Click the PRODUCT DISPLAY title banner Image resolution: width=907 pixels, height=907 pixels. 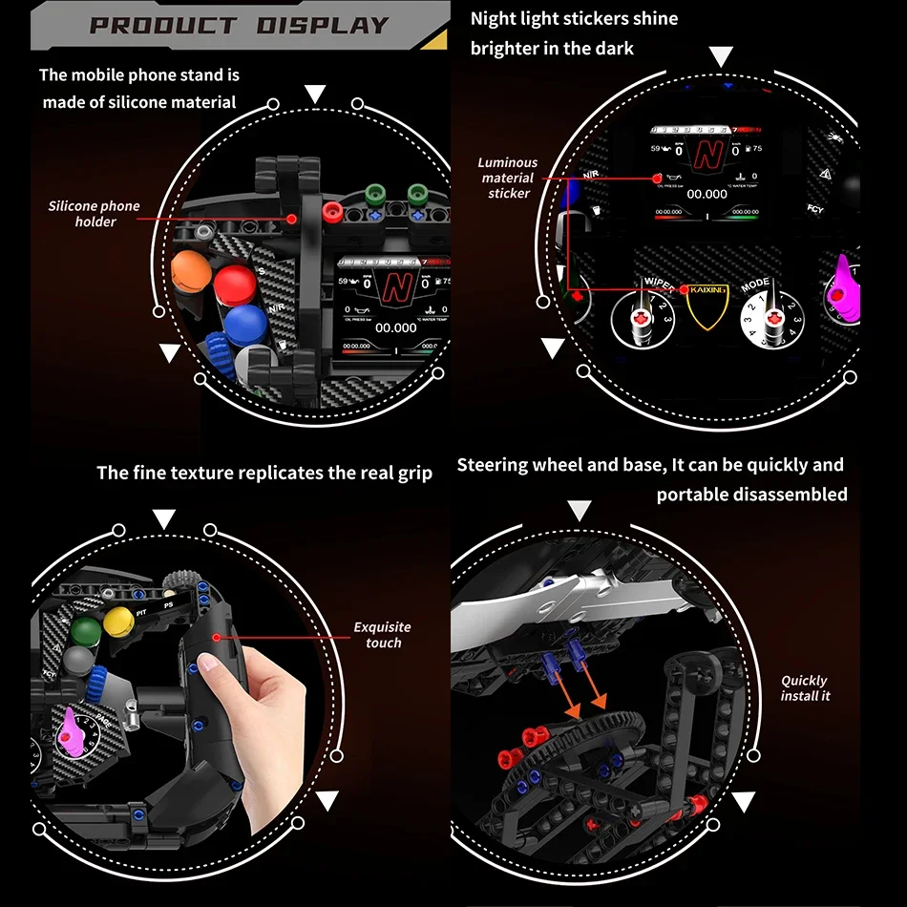239,25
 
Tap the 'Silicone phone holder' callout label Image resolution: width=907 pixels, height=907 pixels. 95,214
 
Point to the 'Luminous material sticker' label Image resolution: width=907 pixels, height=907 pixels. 508,179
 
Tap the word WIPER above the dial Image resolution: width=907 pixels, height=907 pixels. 658,284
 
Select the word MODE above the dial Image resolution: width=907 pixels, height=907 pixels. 754,284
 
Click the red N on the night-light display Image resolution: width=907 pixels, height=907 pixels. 707,152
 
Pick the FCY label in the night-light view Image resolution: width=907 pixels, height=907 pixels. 815,209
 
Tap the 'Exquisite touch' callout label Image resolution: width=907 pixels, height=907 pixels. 383,635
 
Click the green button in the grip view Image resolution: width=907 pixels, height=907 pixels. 87,631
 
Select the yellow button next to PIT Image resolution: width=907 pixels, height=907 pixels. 117,622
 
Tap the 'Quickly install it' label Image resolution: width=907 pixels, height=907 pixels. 805,688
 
